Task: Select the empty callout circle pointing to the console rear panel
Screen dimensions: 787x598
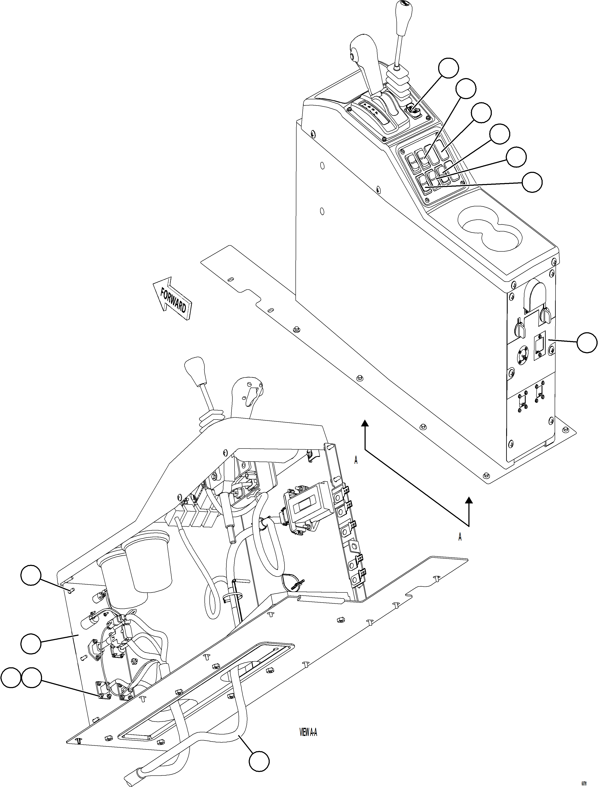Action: [x=587, y=342]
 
